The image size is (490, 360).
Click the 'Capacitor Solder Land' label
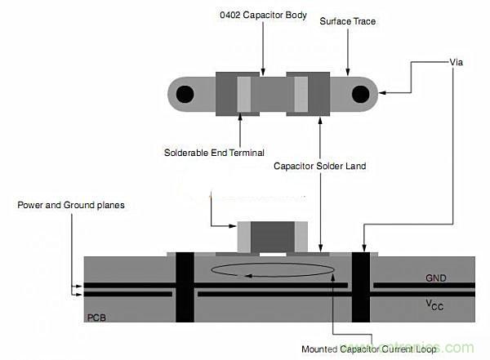[319, 166]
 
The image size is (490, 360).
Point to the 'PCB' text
[98, 314]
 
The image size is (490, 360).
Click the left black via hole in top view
[186, 95]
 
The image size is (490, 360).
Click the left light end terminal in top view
[244, 94]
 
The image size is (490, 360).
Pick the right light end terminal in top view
[301, 94]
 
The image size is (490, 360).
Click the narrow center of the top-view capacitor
[273, 94]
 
